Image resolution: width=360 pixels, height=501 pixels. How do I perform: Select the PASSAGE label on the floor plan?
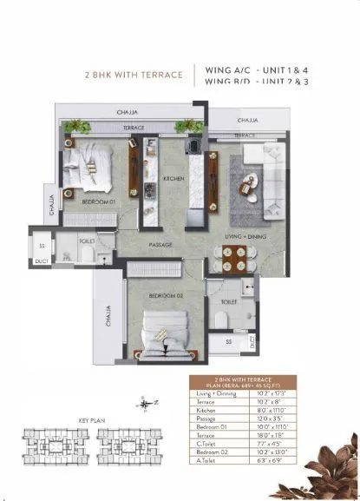(160, 245)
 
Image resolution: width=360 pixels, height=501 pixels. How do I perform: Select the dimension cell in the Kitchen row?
(300, 410)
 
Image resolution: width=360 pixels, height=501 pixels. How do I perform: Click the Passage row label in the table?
(206, 419)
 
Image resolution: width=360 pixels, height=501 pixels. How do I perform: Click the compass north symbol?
(143, 402)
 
